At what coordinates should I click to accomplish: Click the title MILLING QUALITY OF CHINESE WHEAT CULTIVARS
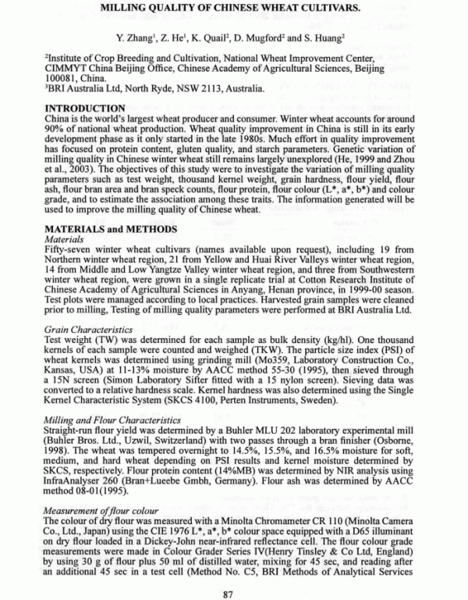234,10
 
